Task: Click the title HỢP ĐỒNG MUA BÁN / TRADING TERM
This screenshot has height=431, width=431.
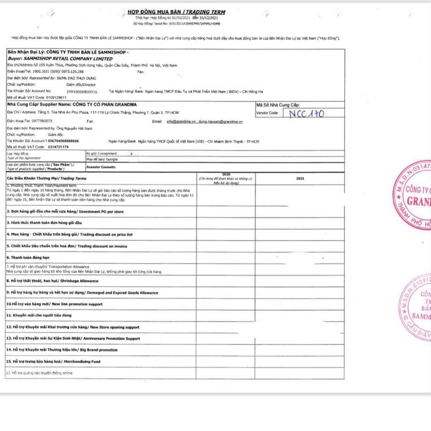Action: [176, 12]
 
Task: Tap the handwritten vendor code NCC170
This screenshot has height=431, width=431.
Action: [307, 113]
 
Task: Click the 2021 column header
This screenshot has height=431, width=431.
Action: [300, 178]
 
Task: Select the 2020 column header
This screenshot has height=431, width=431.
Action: [226, 174]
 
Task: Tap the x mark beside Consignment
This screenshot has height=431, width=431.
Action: [131, 154]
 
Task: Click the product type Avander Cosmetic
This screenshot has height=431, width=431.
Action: [101, 167]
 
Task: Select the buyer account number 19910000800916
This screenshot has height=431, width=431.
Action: [82, 91]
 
